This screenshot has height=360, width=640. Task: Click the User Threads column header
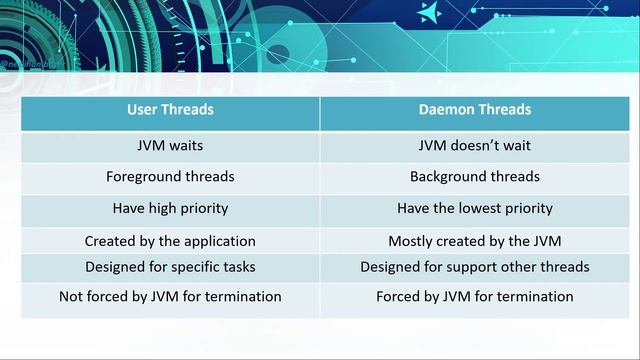[x=170, y=109]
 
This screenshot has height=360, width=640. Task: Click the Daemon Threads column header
[x=474, y=109]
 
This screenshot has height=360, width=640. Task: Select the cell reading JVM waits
[x=170, y=145]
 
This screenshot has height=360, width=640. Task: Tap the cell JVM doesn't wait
[x=474, y=145]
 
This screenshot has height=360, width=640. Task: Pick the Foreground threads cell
[x=170, y=176]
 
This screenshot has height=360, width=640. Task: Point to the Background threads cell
[x=474, y=176]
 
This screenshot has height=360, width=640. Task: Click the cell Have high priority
[x=170, y=208]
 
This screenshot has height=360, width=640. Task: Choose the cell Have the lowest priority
[x=474, y=208]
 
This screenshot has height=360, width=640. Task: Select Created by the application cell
[x=170, y=241]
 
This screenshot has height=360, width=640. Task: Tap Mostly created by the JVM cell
[x=474, y=241]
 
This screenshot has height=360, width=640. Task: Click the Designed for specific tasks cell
[x=170, y=267]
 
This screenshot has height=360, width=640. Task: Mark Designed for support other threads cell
[x=474, y=267]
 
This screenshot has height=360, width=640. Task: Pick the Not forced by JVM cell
[x=170, y=296]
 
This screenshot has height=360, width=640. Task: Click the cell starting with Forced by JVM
[x=474, y=296]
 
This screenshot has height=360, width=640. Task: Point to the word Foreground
[x=144, y=176]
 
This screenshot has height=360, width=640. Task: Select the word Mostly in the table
[x=410, y=241]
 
